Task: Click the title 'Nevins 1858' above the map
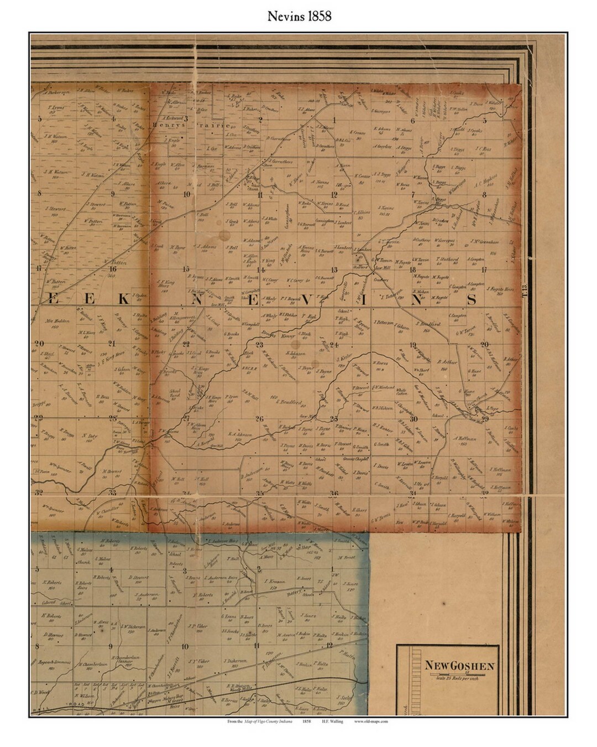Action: (x=299, y=17)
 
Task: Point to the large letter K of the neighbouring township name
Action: (x=124, y=299)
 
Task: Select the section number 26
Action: (x=259, y=418)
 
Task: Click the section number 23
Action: (x=259, y=344)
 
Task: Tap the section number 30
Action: (x=413, y=419)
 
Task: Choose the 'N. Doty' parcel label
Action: (x=89, y=437)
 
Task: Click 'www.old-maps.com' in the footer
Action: (x=371, y=722)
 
